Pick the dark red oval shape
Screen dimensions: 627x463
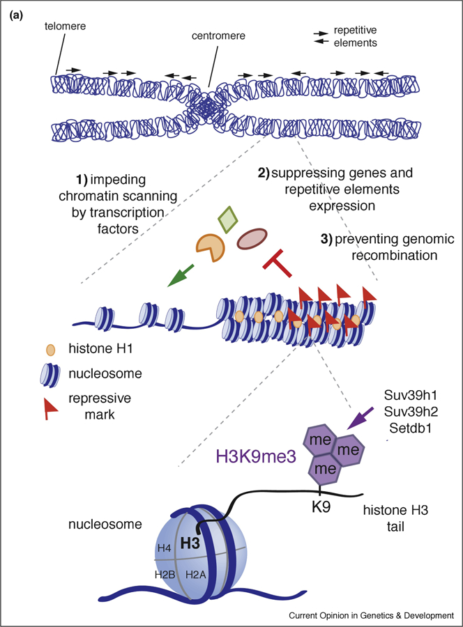(x=254, y=240)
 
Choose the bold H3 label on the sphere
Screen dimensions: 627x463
(x=188, y=542)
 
